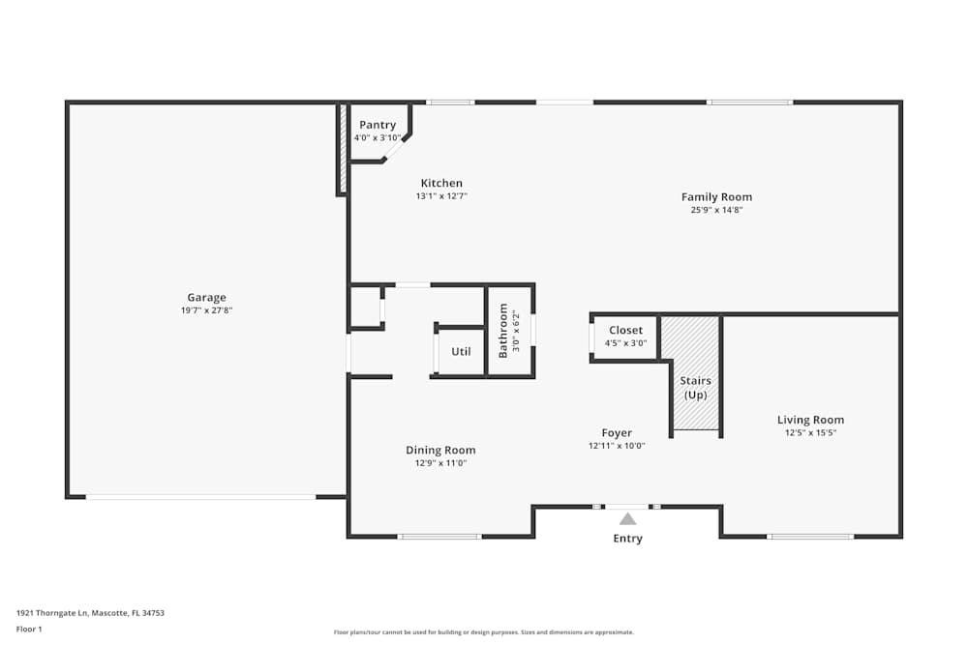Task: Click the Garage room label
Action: click(x=206, y=297)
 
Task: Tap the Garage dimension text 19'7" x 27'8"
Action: click(x=206, y=310)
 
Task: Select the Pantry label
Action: click(x=378, y=125)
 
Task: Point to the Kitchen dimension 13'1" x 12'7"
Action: click(x=441, y=196)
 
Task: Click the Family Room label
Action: click(x=716, y=197)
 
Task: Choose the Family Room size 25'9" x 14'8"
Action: click(x=716, y=210)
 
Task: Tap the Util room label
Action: click(x=461, y=351)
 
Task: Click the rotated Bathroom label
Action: click(x=503, y=331)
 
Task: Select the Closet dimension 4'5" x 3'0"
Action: click(x=626, y=343)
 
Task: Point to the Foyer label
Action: click(x=617, y=433)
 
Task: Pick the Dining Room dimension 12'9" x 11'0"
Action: click(x=440, y=463)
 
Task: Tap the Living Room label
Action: click(x=810, y=420)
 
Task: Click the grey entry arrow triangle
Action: click(x=628, y=518)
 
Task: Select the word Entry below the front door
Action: click(x=628, y=539)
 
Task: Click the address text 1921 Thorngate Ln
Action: click(x=53, y=613)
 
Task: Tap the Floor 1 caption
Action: click(x=29, y=629)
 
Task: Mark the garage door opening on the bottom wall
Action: click(x=200, y=497)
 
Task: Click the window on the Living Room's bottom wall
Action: click(x=810, y=537)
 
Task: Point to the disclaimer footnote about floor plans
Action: click(x=483, y=632)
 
